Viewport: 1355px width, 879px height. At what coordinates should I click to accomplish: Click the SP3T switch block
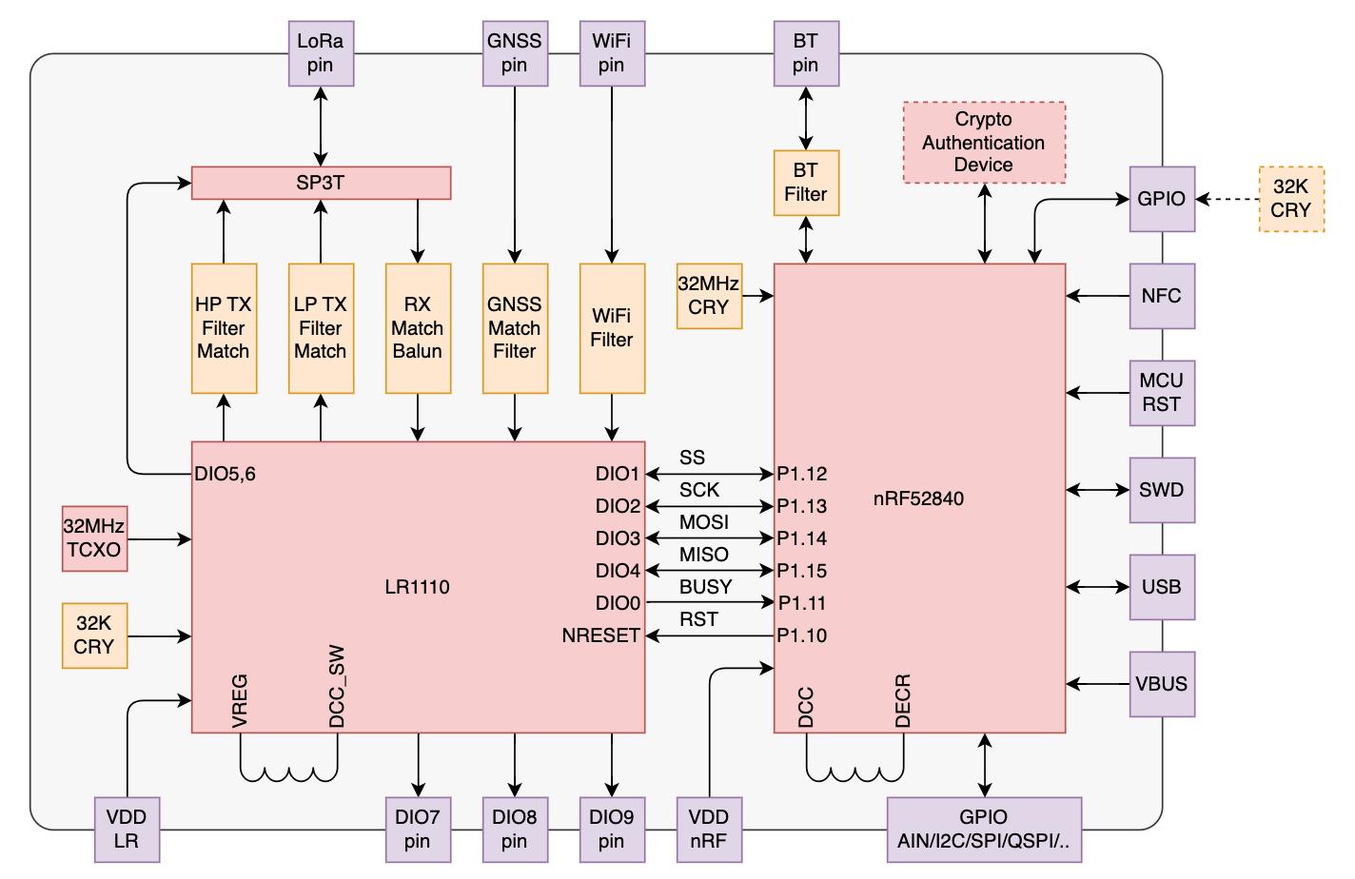(x=321, y=183)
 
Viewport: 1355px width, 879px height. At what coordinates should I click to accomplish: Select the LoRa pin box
(x=321, y=53)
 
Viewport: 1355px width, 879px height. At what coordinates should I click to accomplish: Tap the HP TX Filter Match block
(x=224, y=328)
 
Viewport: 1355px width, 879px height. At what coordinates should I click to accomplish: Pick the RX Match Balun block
(x=418, y=328)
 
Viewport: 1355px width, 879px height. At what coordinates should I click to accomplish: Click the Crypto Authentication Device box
(x=984, y=142)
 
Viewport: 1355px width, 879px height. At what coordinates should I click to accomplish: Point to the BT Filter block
(x=806, y=183)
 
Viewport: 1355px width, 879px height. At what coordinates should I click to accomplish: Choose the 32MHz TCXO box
(x=94, y=538)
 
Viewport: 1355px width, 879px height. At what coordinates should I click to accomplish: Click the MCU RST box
(x=1162, y=393)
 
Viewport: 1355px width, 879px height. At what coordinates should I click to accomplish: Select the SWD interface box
(x=1162, y=490)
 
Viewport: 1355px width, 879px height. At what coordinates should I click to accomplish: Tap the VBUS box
(x=1162, y=684)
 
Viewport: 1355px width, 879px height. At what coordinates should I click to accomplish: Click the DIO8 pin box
(x=515, y=830)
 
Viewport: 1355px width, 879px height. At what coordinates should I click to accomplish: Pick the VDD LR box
(x=127, y=830)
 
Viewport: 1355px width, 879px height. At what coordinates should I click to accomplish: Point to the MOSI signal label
(x=704, y=522)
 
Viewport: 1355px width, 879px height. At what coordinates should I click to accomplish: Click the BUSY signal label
(x=706, y=587)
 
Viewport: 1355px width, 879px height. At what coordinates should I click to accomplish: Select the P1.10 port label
(x=802, y=635)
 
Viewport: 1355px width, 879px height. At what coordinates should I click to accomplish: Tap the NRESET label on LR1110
(x=601, y=635)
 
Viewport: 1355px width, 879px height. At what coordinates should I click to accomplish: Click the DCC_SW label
(x=337, y=687)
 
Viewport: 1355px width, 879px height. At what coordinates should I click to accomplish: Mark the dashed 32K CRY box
(x=1291, y=199)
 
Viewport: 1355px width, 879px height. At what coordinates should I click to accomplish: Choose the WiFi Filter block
(x=612, y=328)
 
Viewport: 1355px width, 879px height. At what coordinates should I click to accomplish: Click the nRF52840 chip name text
(x=918, y=498)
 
